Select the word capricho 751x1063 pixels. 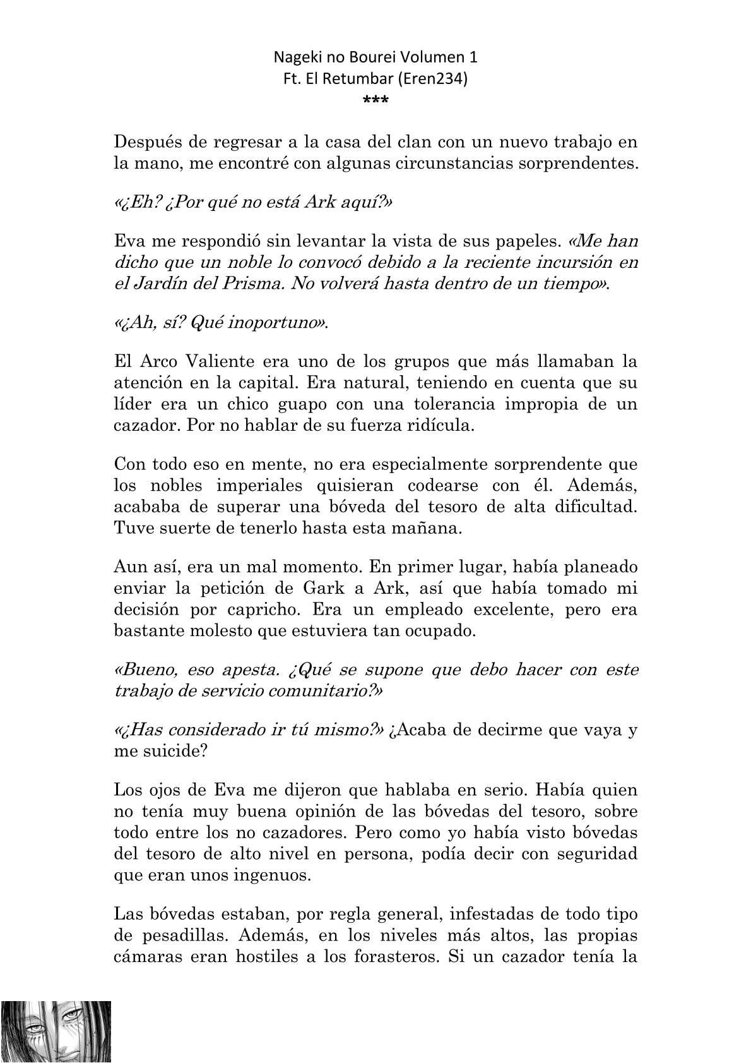point(259,610)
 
